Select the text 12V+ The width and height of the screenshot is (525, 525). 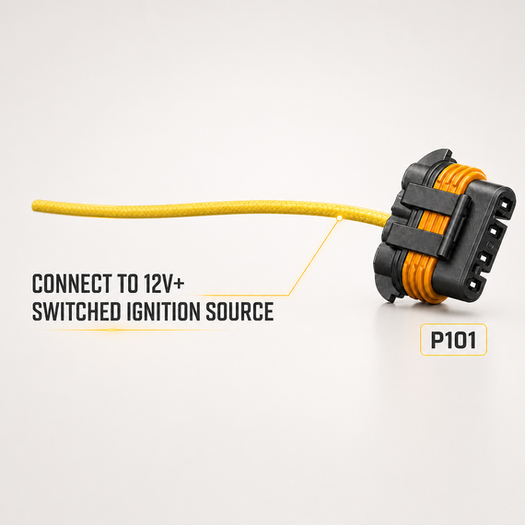tap(164, 284)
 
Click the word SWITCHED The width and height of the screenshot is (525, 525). tap(76, 311)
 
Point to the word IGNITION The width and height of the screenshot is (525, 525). tap(163, 311)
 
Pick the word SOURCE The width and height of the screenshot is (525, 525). tap(239, 311)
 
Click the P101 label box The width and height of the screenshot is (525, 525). tap(453, 340)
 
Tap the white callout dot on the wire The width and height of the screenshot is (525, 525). tap(339, 218)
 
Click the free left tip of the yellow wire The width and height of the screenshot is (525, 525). tap(33, 205)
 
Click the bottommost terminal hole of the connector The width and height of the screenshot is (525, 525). tap(473, 285)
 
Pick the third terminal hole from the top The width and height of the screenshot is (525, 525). tap(484, 259)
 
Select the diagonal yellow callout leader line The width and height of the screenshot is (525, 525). tap(313, 257)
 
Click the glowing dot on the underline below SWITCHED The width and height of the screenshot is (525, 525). tap(111, 330)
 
